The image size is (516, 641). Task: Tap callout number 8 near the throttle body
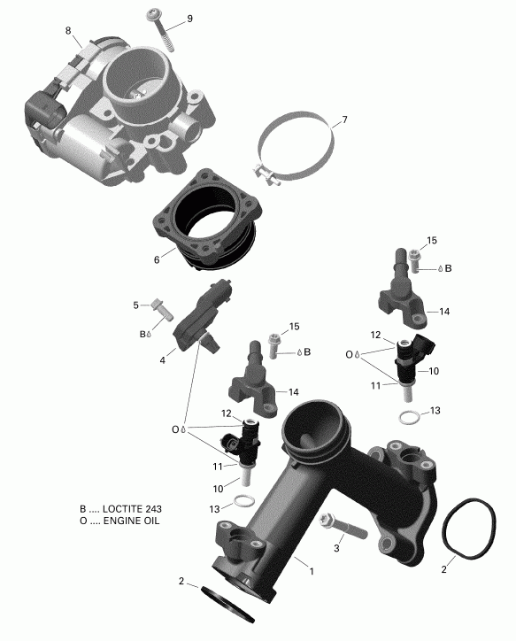click(x=67, y=32)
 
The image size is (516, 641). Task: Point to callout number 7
click(x=344, y=120)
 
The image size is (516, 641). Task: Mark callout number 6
click(x=157, y=260)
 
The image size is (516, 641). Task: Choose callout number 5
click(x=136, y=305)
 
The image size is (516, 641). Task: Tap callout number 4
click(x=162, y=359)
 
